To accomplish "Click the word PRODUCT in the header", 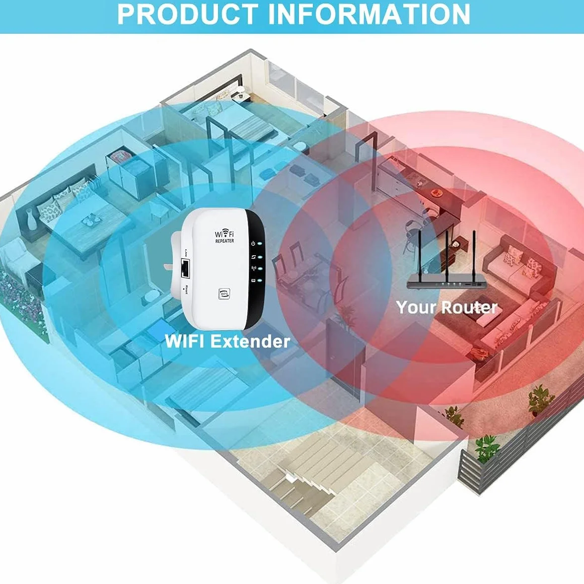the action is pos(188,14).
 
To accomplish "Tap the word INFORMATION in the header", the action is pos(368,14).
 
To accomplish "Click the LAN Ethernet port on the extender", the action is pos(185,269).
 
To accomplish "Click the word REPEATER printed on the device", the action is pos(224,241).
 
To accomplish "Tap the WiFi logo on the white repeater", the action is pos(224,234).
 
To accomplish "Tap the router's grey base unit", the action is pos(446,284).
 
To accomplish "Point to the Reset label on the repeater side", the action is pos(186,289).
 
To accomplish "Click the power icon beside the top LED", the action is pos(253,244).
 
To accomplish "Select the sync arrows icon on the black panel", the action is pos(253,257).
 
